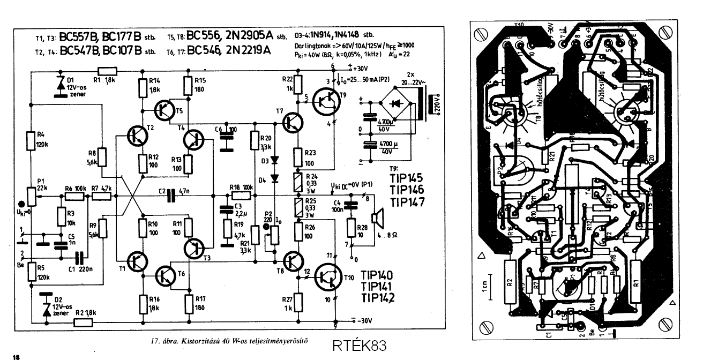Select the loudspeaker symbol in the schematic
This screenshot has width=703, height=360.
pos(379,217)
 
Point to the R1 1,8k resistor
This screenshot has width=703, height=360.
pos(108,70)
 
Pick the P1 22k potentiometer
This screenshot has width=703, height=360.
pos(32,197)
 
